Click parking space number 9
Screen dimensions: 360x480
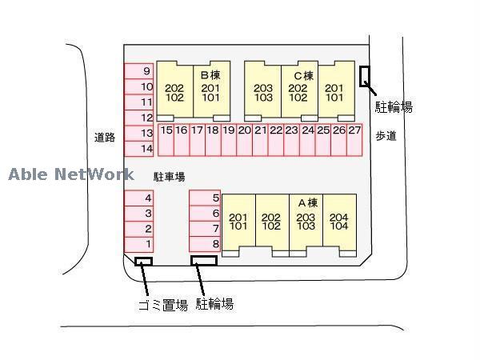click(x=138, y=71)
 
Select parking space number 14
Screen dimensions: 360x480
click(x=138, y=148)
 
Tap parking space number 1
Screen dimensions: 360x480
click(x=138, y=243)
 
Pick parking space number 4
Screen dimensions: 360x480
click(x=138, y=198)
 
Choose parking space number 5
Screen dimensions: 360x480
click(x=205, y=198)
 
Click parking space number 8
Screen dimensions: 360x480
click(x=205, y=243)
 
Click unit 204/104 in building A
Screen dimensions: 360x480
click(x=339, y=221)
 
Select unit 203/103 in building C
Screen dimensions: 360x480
click(x=262, y=93)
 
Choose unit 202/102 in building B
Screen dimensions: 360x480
click(x=174, y=93)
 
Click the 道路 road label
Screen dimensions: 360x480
click(x=105, y=137)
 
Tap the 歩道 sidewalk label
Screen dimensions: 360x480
click(x=386, y=136)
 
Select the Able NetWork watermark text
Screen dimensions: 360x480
click(x=72, y=174)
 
